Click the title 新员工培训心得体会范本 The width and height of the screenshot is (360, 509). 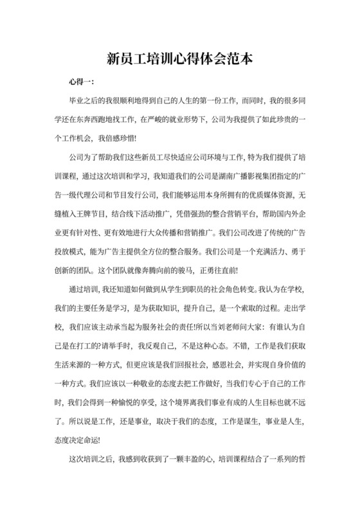pos(179,59)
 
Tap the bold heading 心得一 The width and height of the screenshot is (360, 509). pos(80,83)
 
